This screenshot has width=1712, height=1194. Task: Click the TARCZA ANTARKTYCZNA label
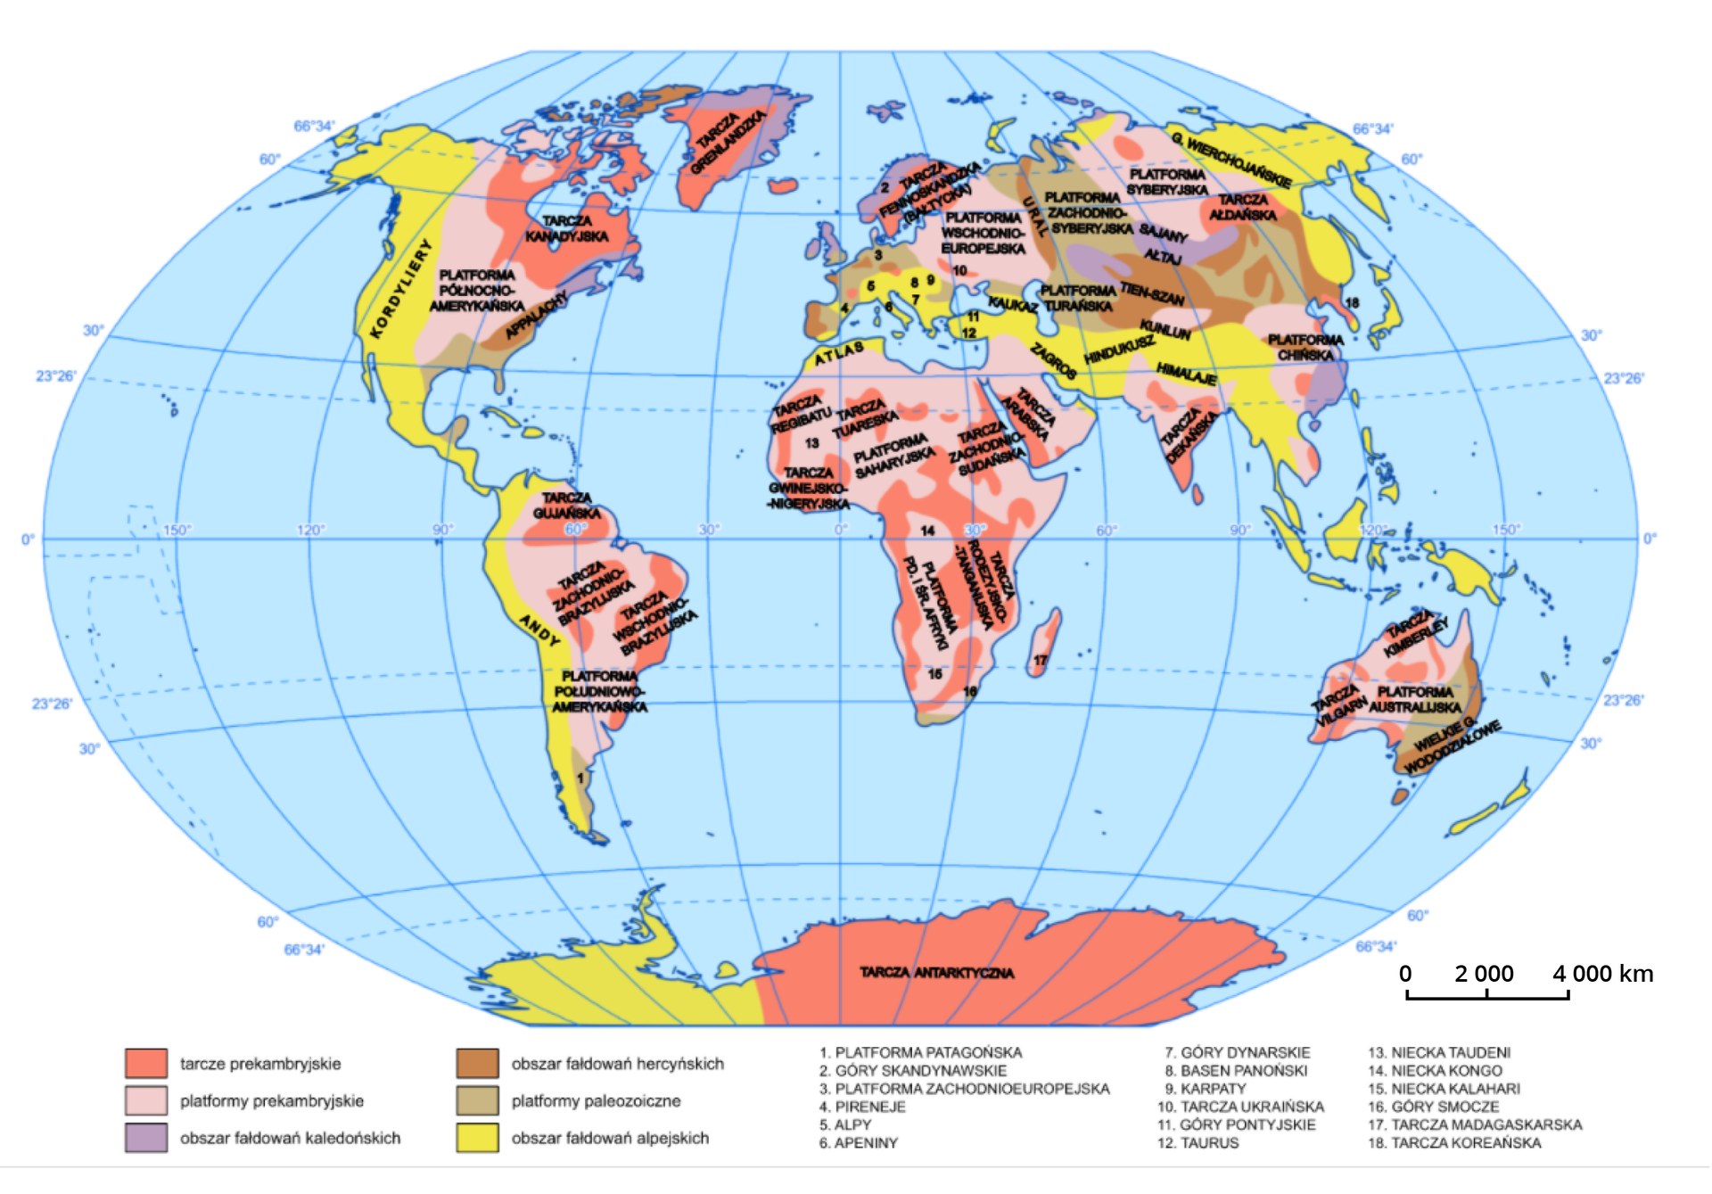click(x=936, y=972)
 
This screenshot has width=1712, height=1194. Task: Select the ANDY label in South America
click(x=540, y=630)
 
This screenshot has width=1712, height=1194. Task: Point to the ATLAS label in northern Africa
click(x=838, y=353)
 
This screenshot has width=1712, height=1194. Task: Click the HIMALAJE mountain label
click(x=1186, y=373)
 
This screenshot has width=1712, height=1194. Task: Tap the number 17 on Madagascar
click(x=1040, y=661)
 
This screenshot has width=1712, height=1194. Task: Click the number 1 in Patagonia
click(x=580, y=778)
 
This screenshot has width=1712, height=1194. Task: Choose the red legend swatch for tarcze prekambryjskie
click(x=146, y=1063)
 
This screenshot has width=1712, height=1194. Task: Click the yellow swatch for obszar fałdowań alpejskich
click(x=477, y=1138)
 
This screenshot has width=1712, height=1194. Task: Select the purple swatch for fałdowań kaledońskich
click(x=146, y=1138)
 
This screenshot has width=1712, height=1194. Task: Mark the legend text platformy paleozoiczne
click(x=596, y=1100)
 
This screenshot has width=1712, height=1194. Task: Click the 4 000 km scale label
click(x=1602, y=973)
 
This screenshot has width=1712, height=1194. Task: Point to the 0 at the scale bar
click(x=1405, y=973)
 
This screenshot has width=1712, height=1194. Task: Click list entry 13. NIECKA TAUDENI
click(x=1439, y=1052)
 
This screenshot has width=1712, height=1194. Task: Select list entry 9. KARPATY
click(x=1206, y=1089)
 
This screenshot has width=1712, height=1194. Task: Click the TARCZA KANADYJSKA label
click(x=567, y=228)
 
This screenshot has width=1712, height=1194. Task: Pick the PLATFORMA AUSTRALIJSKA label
click(x=1415, y=699)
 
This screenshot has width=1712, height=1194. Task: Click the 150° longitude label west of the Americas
click(x=177, y=530)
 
